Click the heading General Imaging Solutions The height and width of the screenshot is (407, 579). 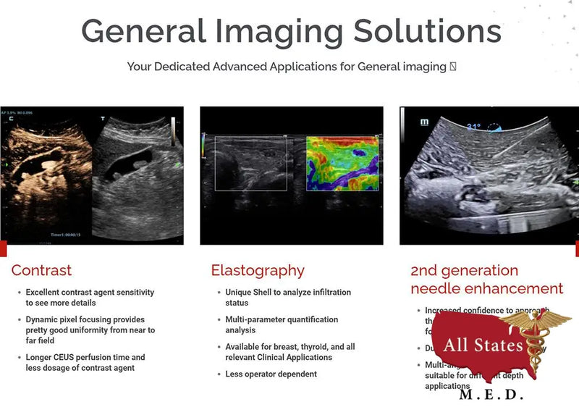coord(291,31)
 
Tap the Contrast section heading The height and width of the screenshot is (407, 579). coord(41,271)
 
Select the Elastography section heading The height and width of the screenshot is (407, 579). coord(258,271)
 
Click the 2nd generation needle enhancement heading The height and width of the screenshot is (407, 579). coord(486,280)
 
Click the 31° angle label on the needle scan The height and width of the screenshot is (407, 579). coord(473,127)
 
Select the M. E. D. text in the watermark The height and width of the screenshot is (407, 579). coord(491,395)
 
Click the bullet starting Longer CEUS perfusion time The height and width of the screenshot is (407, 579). coord(85,362)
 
